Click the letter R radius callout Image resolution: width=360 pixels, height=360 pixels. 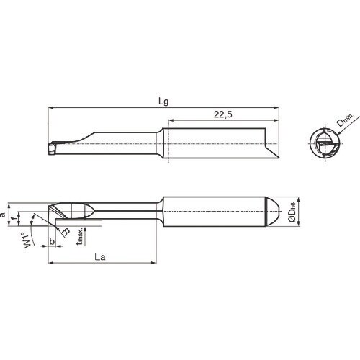[x=66, y=232]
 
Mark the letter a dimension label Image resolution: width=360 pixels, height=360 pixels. [x=4, y=214]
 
